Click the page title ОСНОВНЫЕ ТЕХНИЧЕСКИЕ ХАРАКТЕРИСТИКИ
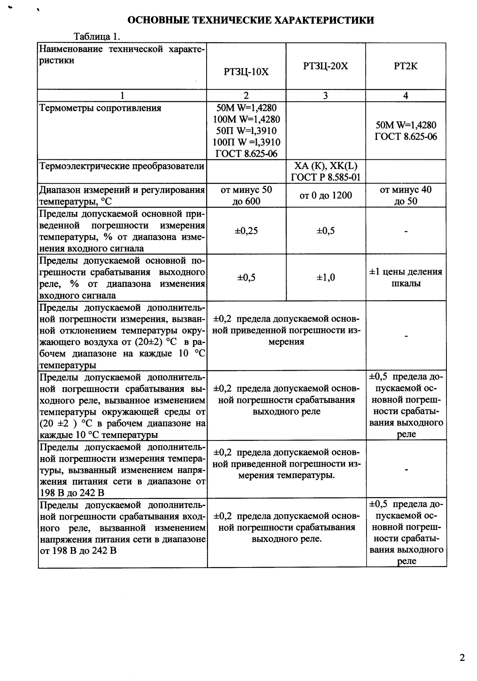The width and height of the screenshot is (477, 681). click(250, 20)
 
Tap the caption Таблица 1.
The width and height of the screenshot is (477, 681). click(97, 36)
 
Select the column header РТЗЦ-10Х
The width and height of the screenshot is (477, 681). click(246, 72)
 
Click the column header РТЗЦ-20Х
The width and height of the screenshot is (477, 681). click(325, 66)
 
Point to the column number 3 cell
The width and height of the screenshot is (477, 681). click(325, 96)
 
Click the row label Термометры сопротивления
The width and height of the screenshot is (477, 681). click(100, 108)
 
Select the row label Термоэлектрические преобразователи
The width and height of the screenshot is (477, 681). click(122, 166)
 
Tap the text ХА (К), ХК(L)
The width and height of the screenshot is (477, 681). click(325, 166)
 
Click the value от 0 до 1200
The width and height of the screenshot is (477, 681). click(325, 195)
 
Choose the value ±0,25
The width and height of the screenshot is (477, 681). click(246, 231)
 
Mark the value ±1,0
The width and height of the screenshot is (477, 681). click(325, 278)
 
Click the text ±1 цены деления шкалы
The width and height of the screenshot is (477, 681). click(406, 278)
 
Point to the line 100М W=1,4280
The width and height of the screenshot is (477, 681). click(246, 119)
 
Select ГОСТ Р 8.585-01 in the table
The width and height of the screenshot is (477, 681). click(325, 177)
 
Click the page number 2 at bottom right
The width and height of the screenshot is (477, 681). click(462, 657)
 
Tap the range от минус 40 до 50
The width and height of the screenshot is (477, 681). click(406, 195)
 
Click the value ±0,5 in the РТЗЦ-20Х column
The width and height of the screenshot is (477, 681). click(325, 231)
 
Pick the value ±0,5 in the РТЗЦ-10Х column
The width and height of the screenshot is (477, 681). click(246, 278)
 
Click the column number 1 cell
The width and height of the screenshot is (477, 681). click(122, 96)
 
